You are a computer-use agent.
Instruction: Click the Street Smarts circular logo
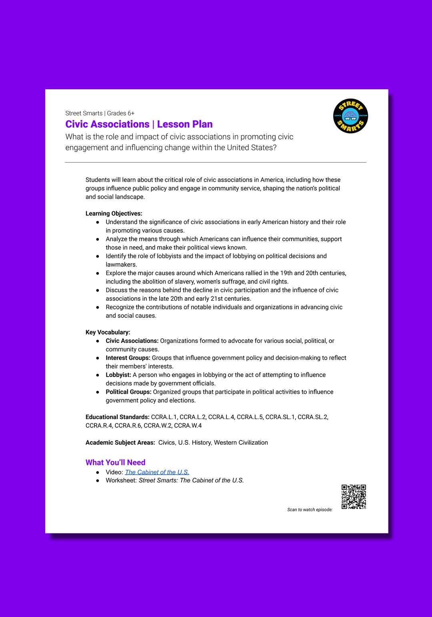[350, 116]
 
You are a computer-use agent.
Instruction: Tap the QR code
[354, 497]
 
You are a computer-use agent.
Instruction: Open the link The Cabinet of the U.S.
[157, 472]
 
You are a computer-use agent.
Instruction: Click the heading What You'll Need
[115, 463]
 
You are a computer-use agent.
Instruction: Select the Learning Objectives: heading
[114, 214]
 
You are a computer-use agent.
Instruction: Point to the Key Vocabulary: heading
[108, 333]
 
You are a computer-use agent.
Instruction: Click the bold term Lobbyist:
[118, 375]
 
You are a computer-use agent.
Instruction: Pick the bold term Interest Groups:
[128, 358]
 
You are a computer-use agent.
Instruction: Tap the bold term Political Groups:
[128, 392]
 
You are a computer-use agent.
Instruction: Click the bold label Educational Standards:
[118, 417]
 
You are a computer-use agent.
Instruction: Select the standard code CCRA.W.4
[188, 426]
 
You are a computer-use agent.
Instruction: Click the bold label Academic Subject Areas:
[120, 443]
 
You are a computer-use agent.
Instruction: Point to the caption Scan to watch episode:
[310, 510]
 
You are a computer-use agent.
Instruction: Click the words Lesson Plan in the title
[185, 124]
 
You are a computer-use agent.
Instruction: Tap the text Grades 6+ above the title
[121, 113]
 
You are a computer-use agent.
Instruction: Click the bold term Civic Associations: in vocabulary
[132, 341]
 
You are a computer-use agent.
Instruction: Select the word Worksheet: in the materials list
[121, 481]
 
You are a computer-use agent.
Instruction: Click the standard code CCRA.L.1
[164, 417]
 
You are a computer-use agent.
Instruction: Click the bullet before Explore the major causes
[98, 273]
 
